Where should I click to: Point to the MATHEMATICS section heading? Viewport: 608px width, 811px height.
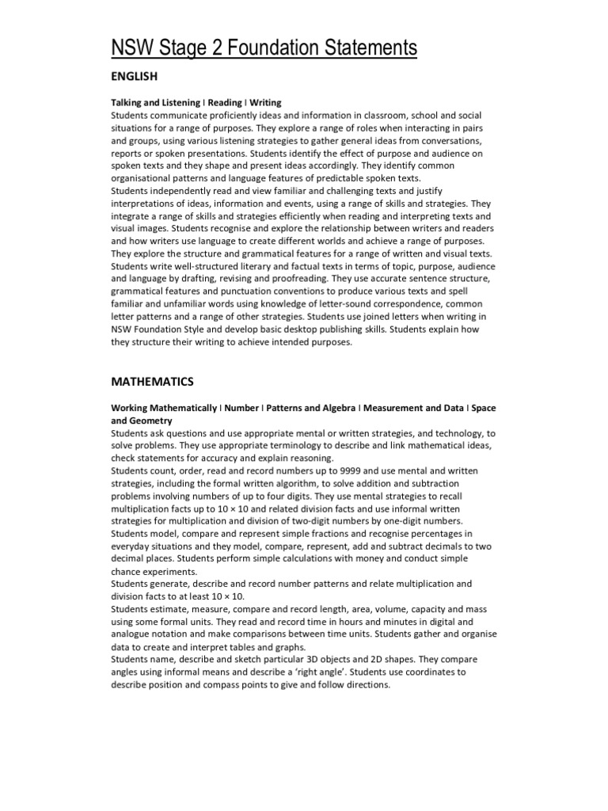pyautogui.click(x=151, y=381)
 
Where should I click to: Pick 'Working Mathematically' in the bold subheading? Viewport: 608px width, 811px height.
pyautogui.click(x=163, y=408)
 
